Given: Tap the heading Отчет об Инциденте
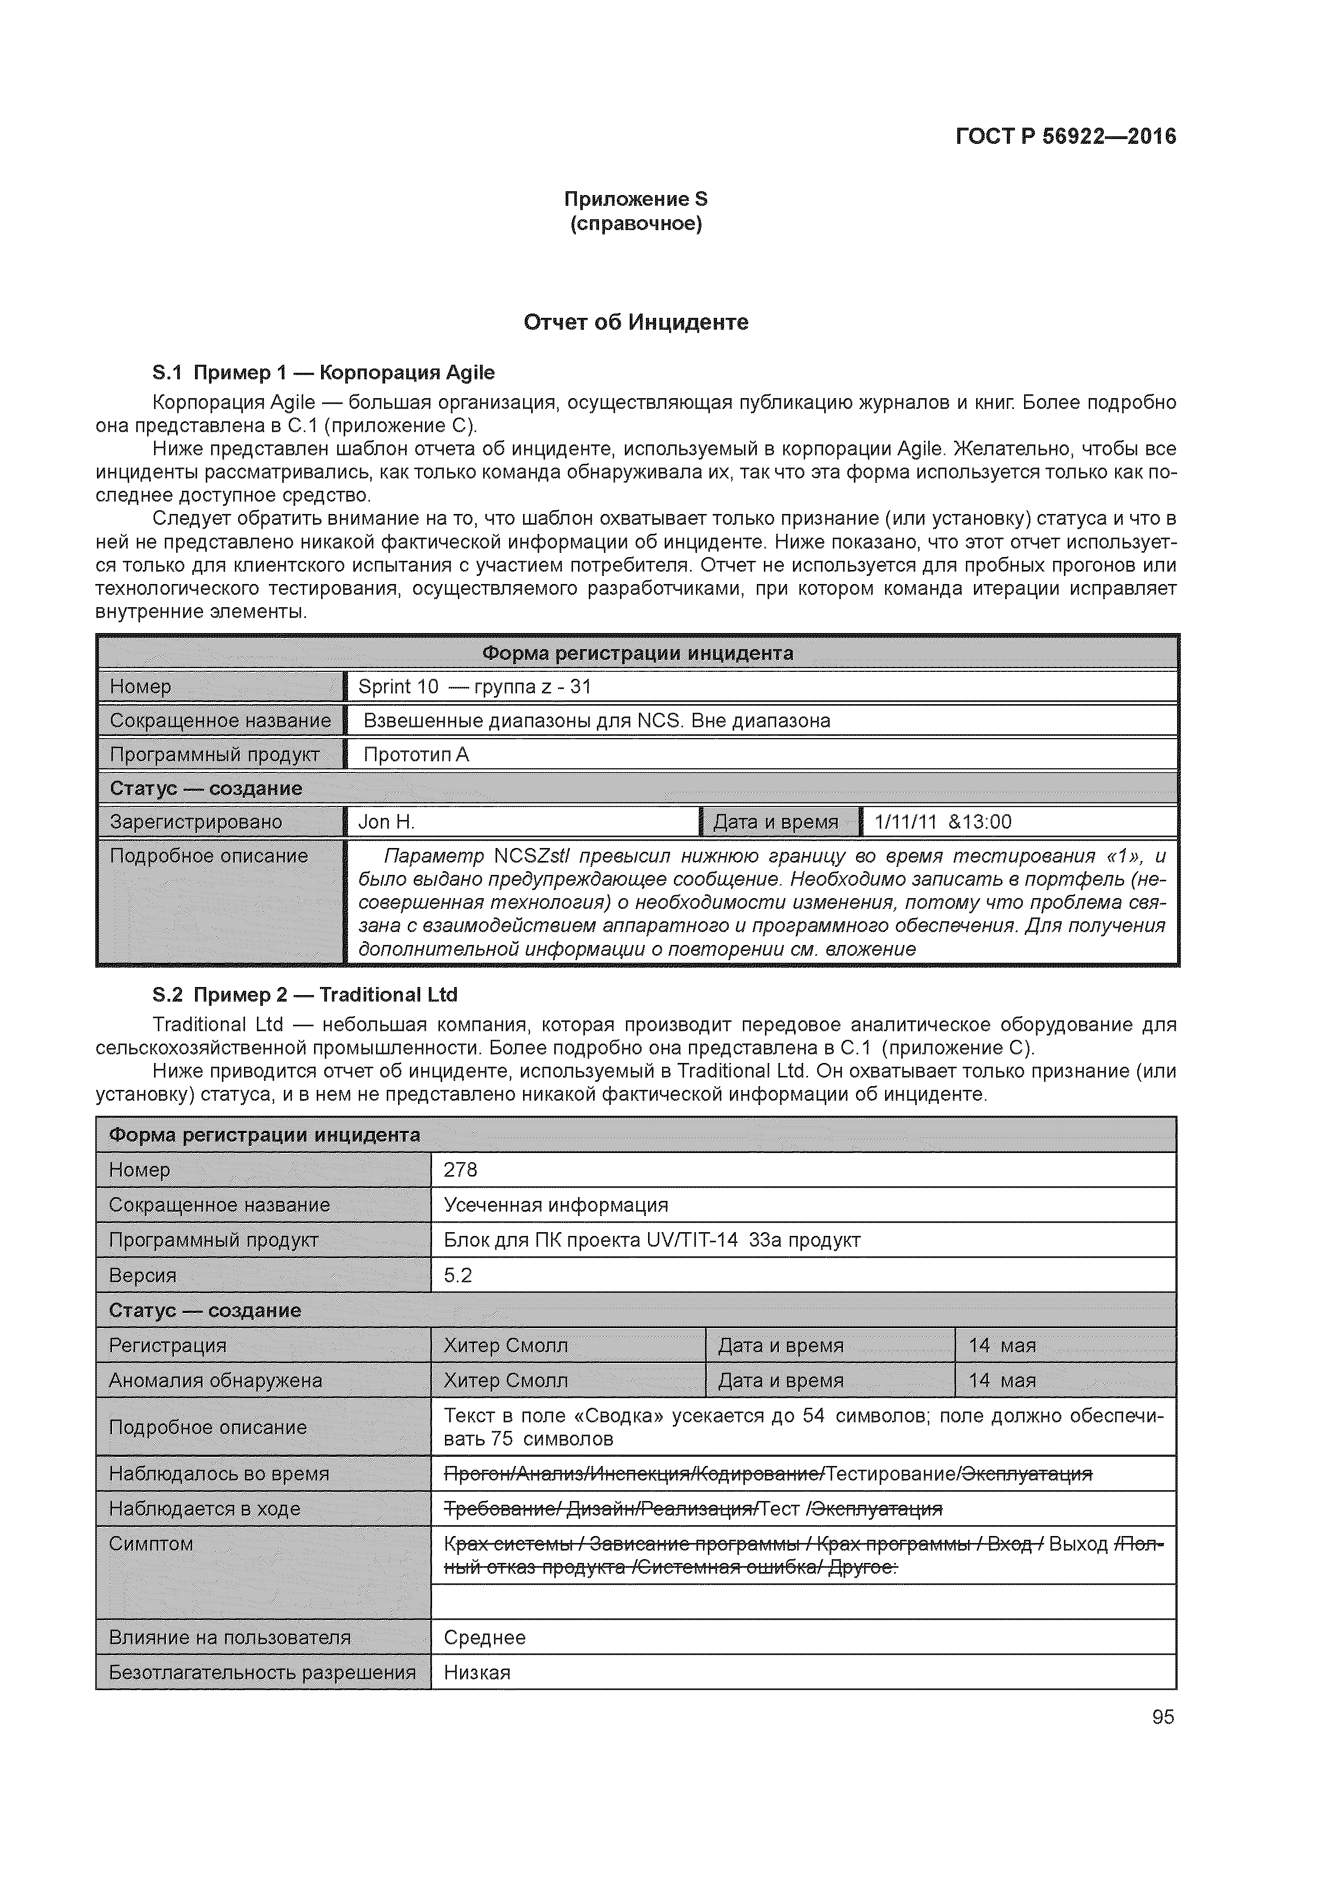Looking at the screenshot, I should pos(636,322).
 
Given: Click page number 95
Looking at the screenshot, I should pos(1163,1717).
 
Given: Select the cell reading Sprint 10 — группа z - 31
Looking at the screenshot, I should pos(474,686).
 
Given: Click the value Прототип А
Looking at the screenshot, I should pos(416,755).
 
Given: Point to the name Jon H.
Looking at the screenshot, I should pos(386,822).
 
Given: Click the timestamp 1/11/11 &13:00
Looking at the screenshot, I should pos(943,822).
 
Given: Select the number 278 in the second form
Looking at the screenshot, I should pos(460,1170).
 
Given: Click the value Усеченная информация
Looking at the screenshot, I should pos(555,1205).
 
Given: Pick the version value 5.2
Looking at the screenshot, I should pos(458,1275).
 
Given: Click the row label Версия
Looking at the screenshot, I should pos(142,1275).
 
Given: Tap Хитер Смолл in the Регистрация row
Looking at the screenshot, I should pos(505,1345).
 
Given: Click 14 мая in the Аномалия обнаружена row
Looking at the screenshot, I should pos(1002,1380).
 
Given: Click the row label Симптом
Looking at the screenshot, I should pos(151,1544).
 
